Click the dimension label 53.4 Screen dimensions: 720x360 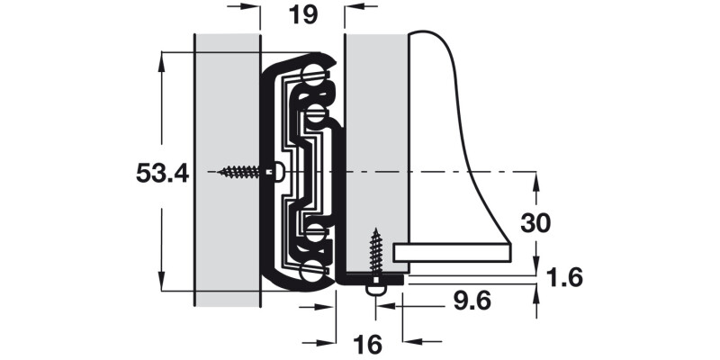(x=163, y=174)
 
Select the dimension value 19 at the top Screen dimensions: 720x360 (x=303, y=14)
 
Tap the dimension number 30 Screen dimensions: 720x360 (x=535, y=223)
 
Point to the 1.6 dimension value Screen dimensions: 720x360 (x=565, y=278)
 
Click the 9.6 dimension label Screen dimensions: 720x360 (x=472, y=301)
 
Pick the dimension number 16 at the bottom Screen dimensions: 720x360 (x=367, y=345)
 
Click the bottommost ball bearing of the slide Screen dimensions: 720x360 (x=311, y=271)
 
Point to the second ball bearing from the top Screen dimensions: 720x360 (x=315, y=113)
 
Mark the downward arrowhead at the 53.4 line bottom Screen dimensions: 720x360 (x=161, y=281)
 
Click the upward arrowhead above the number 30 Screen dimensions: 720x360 (x=535, y=182)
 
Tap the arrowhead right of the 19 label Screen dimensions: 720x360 (x=355, y=7)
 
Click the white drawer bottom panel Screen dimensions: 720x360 (x=453, y=253)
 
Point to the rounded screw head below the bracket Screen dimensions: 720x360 (x=376, y=291)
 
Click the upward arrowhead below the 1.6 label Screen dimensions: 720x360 (x=535, y=294)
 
